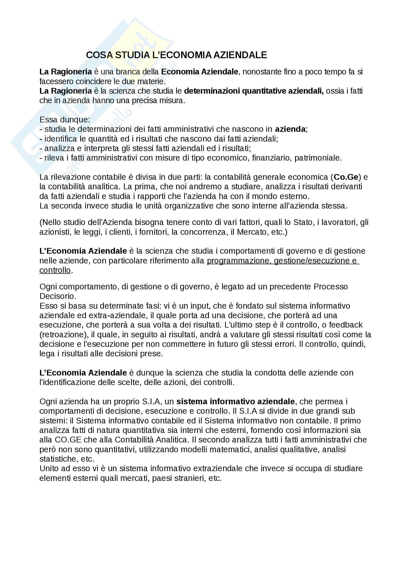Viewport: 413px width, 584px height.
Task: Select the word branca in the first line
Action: tap(128, 72)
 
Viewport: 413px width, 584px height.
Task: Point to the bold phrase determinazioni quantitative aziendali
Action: tap(254, 91)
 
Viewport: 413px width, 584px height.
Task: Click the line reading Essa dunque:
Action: tap(65, 120)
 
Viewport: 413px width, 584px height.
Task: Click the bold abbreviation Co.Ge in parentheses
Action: tap(346, 177)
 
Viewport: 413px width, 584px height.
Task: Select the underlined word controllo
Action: tap(55, 270)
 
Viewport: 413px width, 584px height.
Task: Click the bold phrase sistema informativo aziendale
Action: tap(235, 401)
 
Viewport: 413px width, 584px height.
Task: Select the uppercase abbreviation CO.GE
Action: tap(68, 440)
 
